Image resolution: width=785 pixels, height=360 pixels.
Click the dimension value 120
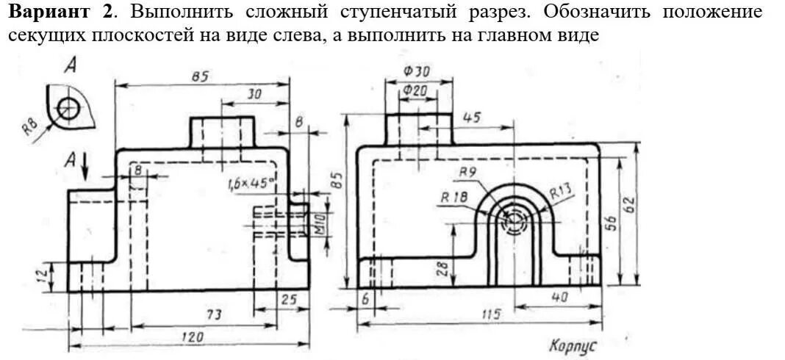(x=193, y=337)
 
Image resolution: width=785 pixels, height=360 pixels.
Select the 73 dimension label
(x=213, y=314)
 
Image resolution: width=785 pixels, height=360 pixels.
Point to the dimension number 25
(x=289, y=300)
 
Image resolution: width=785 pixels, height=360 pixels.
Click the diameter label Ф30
(x=417, y=71)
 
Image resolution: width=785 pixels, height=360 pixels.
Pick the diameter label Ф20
(x=416, y=90)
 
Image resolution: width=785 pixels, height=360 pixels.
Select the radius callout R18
(x=454, y=196)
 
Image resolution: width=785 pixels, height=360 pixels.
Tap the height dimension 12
(x=43, y=276)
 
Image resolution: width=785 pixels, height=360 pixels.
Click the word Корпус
(x=572, y=345)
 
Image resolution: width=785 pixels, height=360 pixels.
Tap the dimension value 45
(x=472, y=118)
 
